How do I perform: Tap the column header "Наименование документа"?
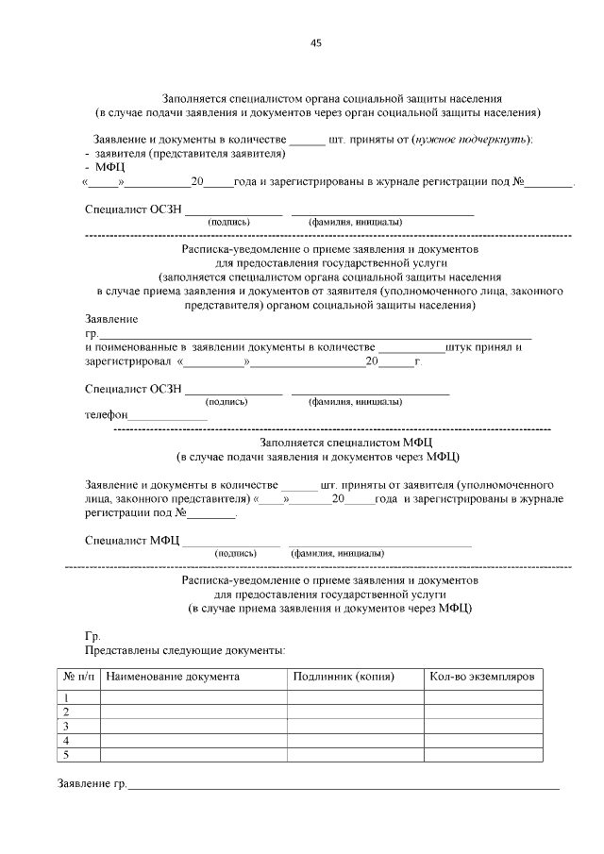173,677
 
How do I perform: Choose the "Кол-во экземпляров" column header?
481,677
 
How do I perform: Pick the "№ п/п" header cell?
79,677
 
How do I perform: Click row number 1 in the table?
67,697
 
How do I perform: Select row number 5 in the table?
67,755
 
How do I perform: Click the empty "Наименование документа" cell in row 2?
193,712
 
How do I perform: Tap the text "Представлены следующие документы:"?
185,650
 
